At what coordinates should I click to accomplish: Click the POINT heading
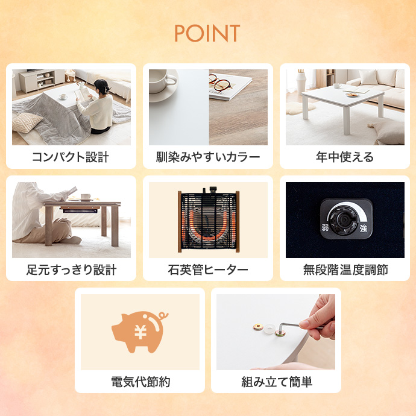point(207,33)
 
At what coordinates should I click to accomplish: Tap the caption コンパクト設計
point(71,157)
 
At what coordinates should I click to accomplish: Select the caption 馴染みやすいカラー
point(208,157)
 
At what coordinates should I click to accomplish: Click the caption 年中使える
point(345,157)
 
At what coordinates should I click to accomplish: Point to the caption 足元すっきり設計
point(71,270)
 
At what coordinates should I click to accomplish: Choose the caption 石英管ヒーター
point(208,270)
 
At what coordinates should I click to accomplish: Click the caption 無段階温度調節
point(345,270)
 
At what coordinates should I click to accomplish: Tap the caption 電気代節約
point(140,382)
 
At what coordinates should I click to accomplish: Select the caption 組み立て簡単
point(277,382)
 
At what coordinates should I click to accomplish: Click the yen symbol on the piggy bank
point(140,332)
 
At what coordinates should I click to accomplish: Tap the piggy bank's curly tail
point(162,317)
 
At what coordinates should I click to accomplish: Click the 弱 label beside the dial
point(326,228)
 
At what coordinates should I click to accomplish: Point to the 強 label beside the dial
point(363,228)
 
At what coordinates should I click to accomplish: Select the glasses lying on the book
point(219,83)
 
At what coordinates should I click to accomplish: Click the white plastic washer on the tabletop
point(269,329)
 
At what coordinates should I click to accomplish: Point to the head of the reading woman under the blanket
point(101,86)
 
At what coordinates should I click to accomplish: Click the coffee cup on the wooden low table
point(86,197)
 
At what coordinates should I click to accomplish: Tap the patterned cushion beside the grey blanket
point(27,122)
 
